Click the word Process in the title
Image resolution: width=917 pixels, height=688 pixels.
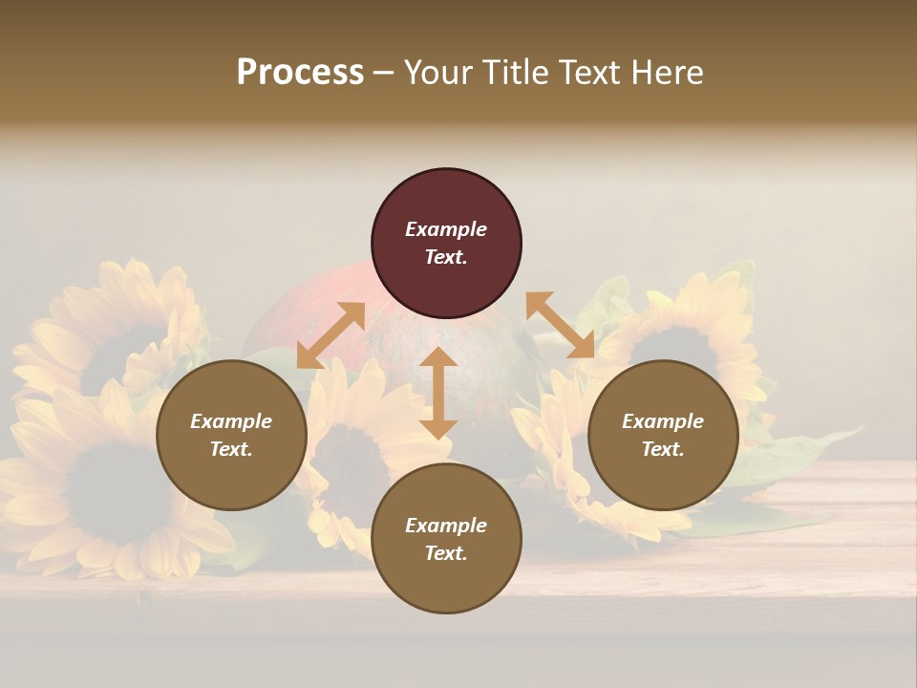pos(300,73)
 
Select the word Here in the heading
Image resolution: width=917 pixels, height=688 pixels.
pos(666,73)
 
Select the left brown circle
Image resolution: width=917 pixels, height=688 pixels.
pos(231,435)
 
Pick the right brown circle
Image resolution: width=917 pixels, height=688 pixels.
pos(663,435)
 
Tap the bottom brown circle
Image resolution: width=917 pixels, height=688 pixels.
pos(446,538)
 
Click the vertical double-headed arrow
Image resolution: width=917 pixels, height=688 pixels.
pos(437,393)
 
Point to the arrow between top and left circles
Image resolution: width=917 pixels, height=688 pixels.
pos(331,335)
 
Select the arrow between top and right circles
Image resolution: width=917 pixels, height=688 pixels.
pos(560,325)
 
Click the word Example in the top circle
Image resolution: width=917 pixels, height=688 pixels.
pos(446,229)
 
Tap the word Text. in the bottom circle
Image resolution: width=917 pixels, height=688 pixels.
pos(446,553)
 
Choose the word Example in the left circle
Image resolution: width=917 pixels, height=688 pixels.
pos(231,421)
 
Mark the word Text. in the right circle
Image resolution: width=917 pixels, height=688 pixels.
pos(663,449)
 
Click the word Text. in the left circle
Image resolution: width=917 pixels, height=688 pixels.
pos(231,449)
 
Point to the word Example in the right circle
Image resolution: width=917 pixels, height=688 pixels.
pos(663,421)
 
